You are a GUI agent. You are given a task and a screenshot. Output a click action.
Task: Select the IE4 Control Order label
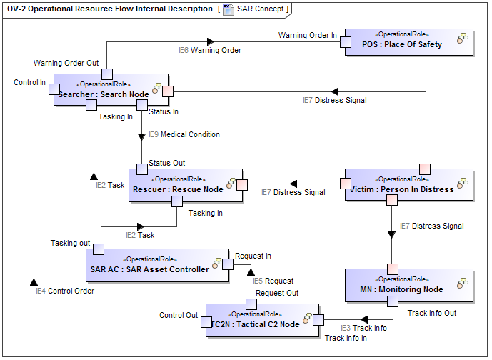tap(65, 291)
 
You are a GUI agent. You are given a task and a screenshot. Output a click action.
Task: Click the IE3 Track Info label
tap(363, 328)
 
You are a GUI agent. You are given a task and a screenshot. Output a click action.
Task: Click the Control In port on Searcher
tap(54, 89)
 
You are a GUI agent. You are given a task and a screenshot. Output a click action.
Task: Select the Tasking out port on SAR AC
tap(99, 249)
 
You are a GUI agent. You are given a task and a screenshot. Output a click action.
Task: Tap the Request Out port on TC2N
tap(251, 304)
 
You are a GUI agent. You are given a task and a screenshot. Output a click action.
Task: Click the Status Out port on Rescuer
tap(142, 169)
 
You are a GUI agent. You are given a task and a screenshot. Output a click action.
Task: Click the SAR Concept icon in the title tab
tap(229, 9)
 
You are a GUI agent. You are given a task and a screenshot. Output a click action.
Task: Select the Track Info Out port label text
tap(431, 313)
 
